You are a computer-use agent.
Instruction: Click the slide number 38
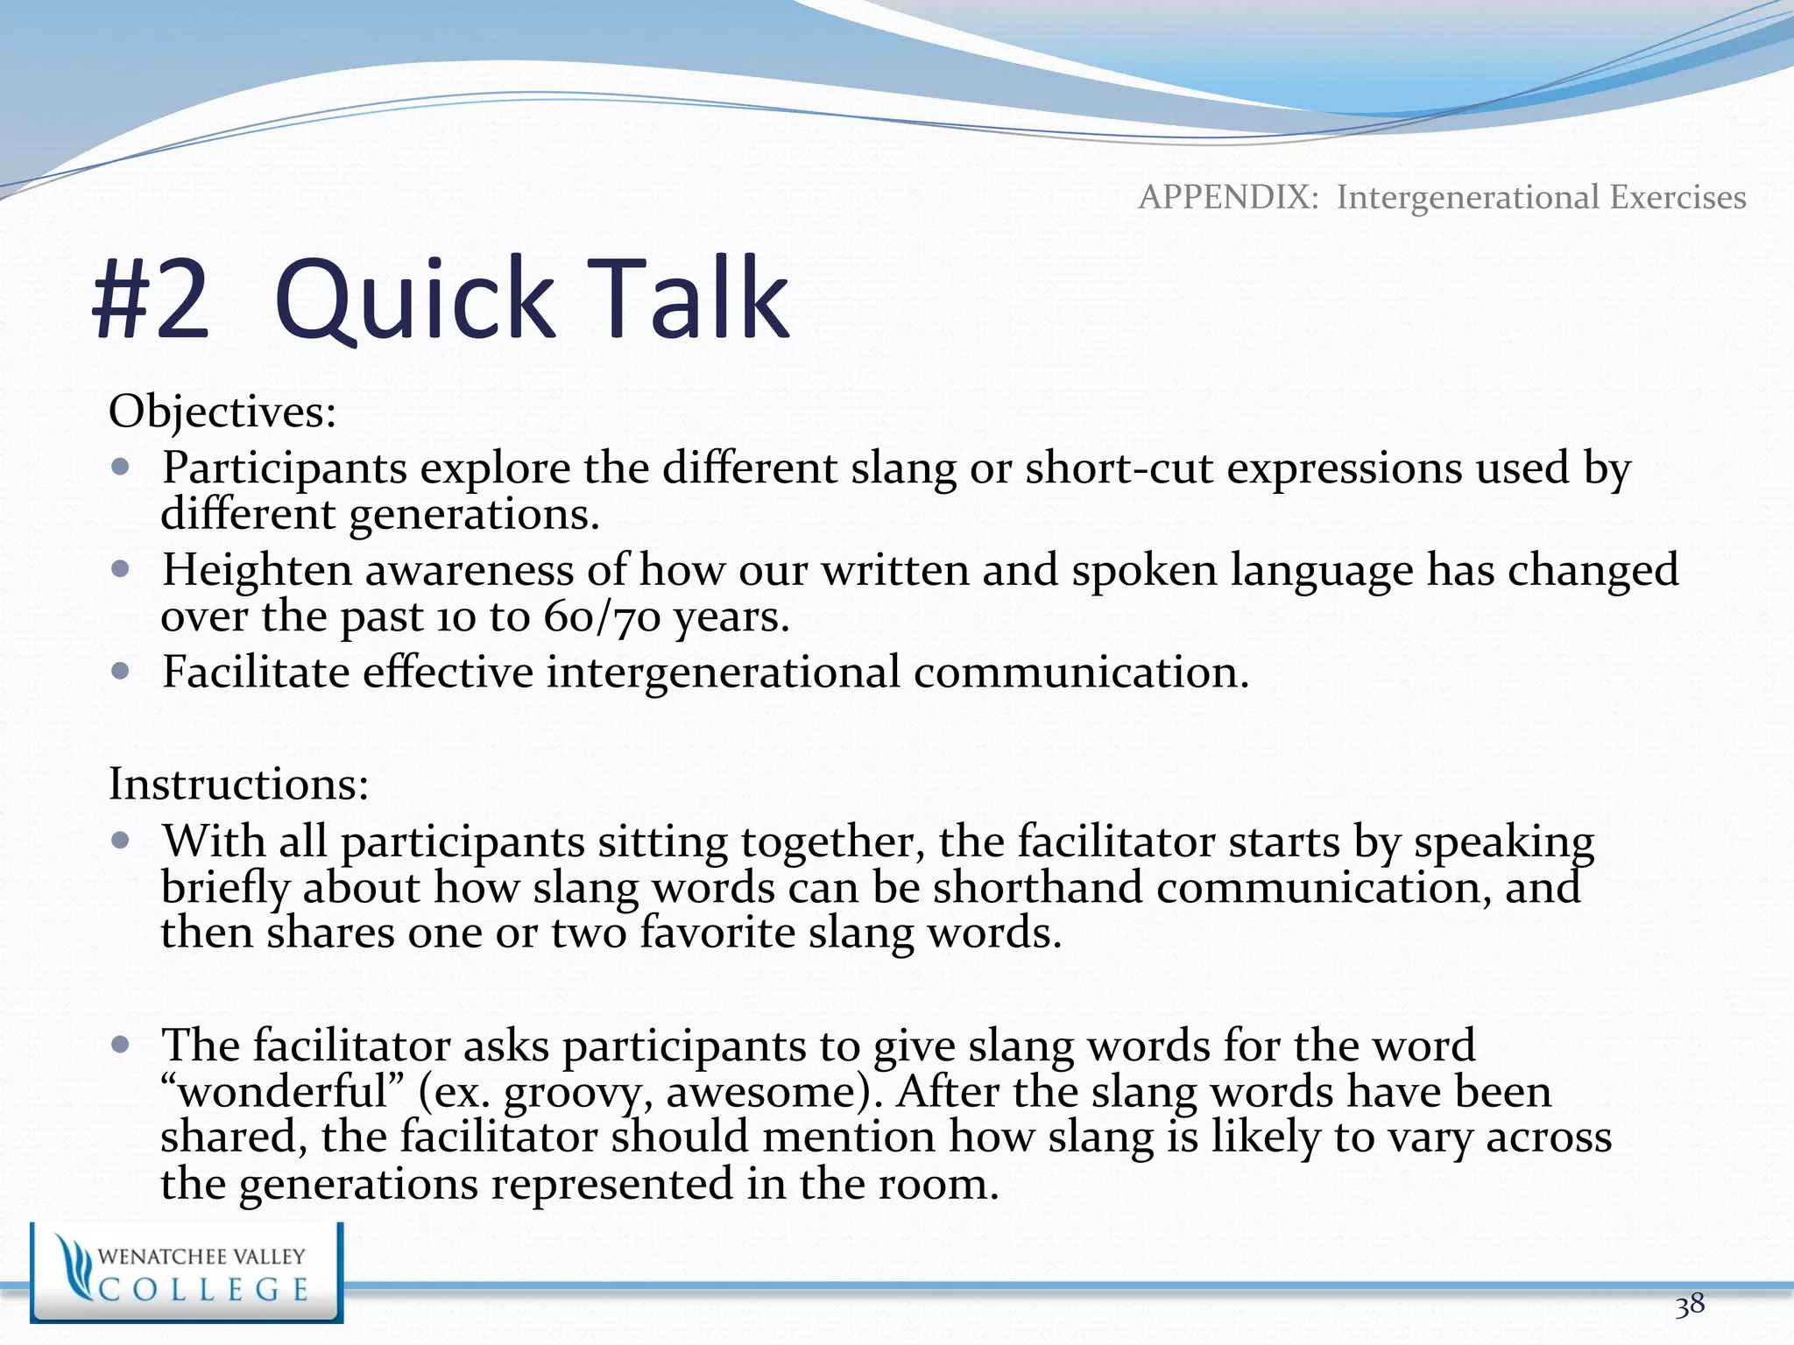1690,1306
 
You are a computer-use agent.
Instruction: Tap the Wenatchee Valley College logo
187,1272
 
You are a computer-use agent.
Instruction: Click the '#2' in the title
152,299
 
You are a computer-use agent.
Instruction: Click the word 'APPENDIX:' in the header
1228,197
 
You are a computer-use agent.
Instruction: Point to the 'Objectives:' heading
222,411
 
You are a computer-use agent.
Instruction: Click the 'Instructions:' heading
238,783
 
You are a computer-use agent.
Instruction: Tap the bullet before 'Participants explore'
121,467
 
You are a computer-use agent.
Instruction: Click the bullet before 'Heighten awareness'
121,569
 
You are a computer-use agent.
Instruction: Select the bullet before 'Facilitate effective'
121,672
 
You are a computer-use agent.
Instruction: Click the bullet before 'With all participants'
121,841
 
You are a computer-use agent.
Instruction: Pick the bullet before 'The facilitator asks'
121,1045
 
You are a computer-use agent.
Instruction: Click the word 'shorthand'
1037,887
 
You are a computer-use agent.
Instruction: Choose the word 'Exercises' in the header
1677,197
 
